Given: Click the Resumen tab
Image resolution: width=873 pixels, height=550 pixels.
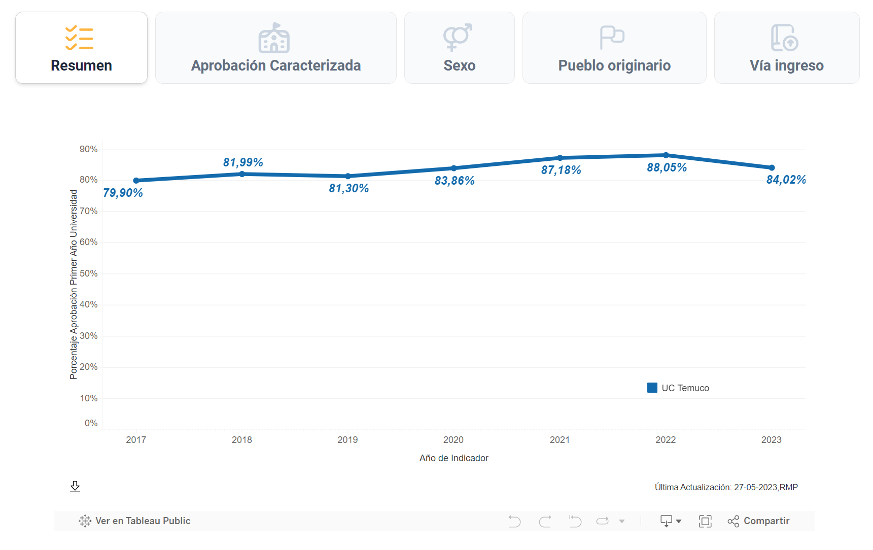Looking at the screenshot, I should [x=81, y=48].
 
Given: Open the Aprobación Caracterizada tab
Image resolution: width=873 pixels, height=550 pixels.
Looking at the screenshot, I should [x=275, y=48].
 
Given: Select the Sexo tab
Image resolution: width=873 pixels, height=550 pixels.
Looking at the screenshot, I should [x=459, y=48].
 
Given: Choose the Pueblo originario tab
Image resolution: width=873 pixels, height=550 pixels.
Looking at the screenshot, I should [x=614, y=48].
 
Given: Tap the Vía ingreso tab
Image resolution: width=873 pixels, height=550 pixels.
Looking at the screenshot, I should [x=786, y=48].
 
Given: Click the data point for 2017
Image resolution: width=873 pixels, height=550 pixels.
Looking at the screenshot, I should [x=136, y=181].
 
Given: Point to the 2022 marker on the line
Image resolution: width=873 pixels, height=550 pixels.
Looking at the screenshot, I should [x=666, y=155].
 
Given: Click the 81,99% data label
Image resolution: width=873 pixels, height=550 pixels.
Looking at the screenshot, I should [x=243, y=162].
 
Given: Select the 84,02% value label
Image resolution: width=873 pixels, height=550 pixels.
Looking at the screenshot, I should [x=786, y=180].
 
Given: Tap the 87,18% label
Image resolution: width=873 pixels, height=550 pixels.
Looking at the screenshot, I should [x=561, y=170].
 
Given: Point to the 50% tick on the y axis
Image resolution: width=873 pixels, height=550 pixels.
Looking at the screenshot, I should [x=89, y=273].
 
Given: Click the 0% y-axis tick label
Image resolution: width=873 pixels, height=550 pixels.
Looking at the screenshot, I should [x=91, y=423].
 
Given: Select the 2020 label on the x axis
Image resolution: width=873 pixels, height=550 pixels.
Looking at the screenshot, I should [x=453, y=440].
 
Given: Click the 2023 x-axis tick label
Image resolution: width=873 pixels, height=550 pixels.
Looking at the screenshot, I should [x=771, y=440].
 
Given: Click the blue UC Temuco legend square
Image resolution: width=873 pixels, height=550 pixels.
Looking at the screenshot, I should [x=652, y=388].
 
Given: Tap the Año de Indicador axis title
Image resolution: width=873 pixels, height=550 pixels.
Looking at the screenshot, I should [x=453, y=458].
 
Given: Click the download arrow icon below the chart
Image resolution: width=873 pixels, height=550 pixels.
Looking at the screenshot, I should [x=75, y=487].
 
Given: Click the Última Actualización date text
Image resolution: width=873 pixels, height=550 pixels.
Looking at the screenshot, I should [x=726, y=487].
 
